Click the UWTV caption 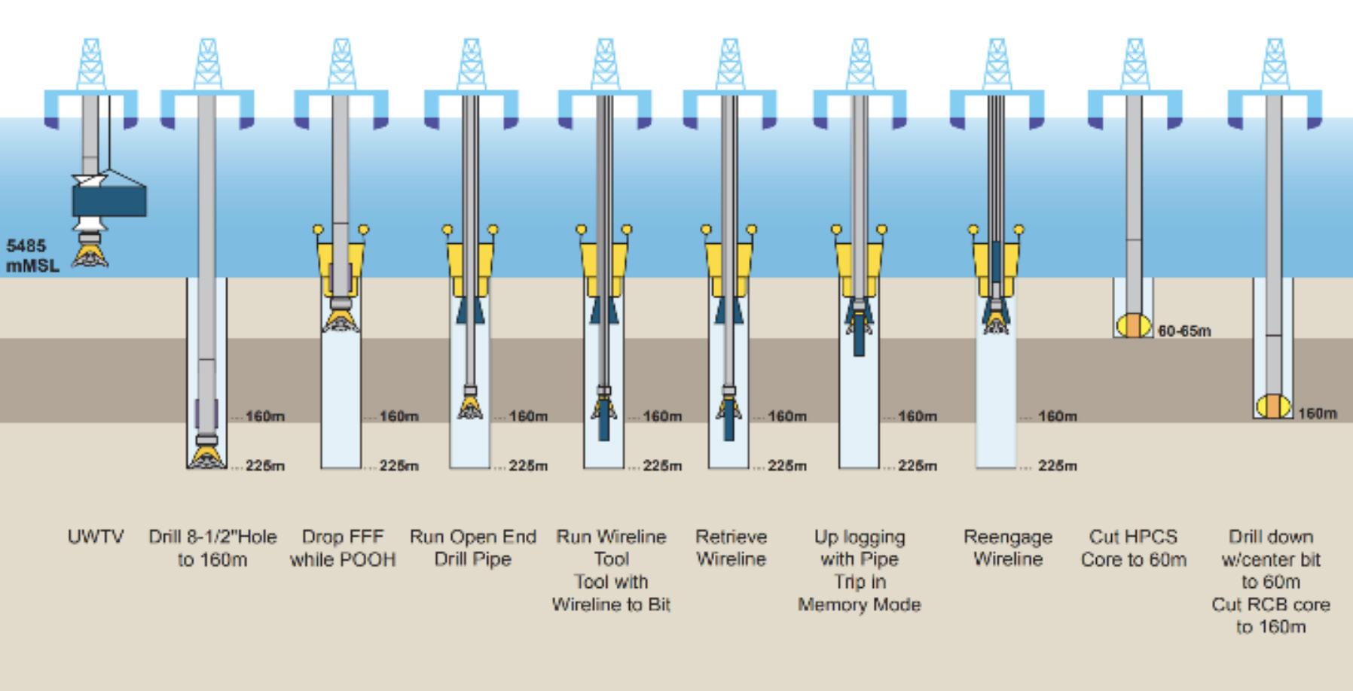[96, 537]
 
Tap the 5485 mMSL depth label [32, 256]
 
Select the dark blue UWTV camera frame [109, 201]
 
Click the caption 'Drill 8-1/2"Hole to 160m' [212, 548]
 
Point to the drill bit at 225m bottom [206, 455]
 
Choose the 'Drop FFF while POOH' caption [343, 548]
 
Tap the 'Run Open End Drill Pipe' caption [473, 548]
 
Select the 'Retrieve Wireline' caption [731, 548]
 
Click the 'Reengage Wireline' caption [1008, 548]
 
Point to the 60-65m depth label [1185, 331]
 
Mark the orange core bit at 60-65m [1133, 326]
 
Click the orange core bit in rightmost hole [1272, 406]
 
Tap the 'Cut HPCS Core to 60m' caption [1134, 548]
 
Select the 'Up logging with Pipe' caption [860, 548]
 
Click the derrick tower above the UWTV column [90, 64]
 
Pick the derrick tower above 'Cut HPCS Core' [1135, 64]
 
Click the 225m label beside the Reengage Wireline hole [1058, 466]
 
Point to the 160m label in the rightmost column [1318, 413]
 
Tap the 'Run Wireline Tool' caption [612, 548]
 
